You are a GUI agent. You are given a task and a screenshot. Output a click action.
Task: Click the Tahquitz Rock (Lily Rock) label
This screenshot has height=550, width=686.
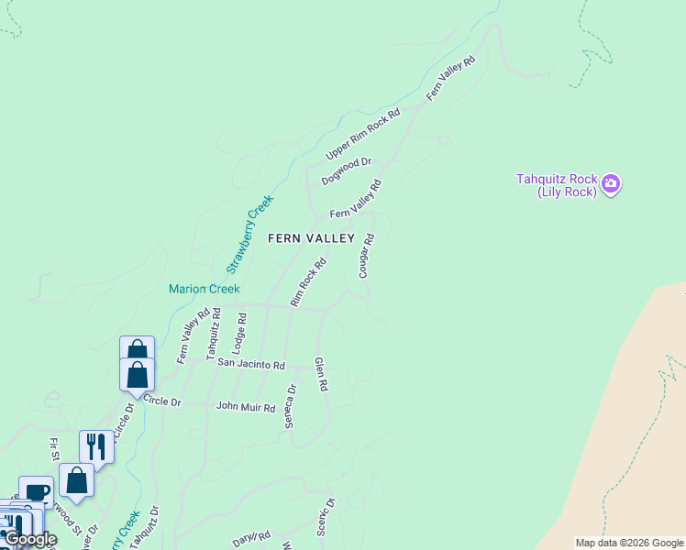tap(557, 185)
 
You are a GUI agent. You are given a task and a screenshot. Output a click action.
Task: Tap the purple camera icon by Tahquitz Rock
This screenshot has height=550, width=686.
tap(611, 185)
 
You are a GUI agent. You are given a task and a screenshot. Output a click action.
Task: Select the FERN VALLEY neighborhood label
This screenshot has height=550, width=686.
tap(311, 238)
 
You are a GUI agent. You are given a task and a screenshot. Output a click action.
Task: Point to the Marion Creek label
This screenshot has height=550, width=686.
tap(204, 289)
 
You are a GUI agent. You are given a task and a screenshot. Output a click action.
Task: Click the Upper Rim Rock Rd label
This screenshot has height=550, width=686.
tap(363, 135)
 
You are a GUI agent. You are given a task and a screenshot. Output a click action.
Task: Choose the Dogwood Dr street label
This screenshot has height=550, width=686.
tap(346, 171)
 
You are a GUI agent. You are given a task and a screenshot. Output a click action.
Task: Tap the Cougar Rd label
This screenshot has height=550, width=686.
tap(366, 256)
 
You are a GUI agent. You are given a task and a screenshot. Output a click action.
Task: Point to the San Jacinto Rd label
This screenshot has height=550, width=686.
tap(251, 364)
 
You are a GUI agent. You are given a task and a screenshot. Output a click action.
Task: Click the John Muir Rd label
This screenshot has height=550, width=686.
tap(245, 406)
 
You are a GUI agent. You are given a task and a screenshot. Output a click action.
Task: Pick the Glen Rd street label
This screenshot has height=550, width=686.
tap(321, 374)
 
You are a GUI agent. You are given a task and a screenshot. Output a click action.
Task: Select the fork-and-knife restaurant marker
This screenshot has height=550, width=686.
tap(96, 446)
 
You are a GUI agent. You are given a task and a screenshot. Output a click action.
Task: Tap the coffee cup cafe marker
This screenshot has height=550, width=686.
tap(36, 491)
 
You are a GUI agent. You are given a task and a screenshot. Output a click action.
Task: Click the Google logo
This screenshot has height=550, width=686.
tap(29, 539)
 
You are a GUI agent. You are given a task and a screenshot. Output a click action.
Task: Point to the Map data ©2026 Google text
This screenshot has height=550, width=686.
tap(630, 543)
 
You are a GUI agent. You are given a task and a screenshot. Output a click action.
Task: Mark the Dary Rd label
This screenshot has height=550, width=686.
tap(251, 539)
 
